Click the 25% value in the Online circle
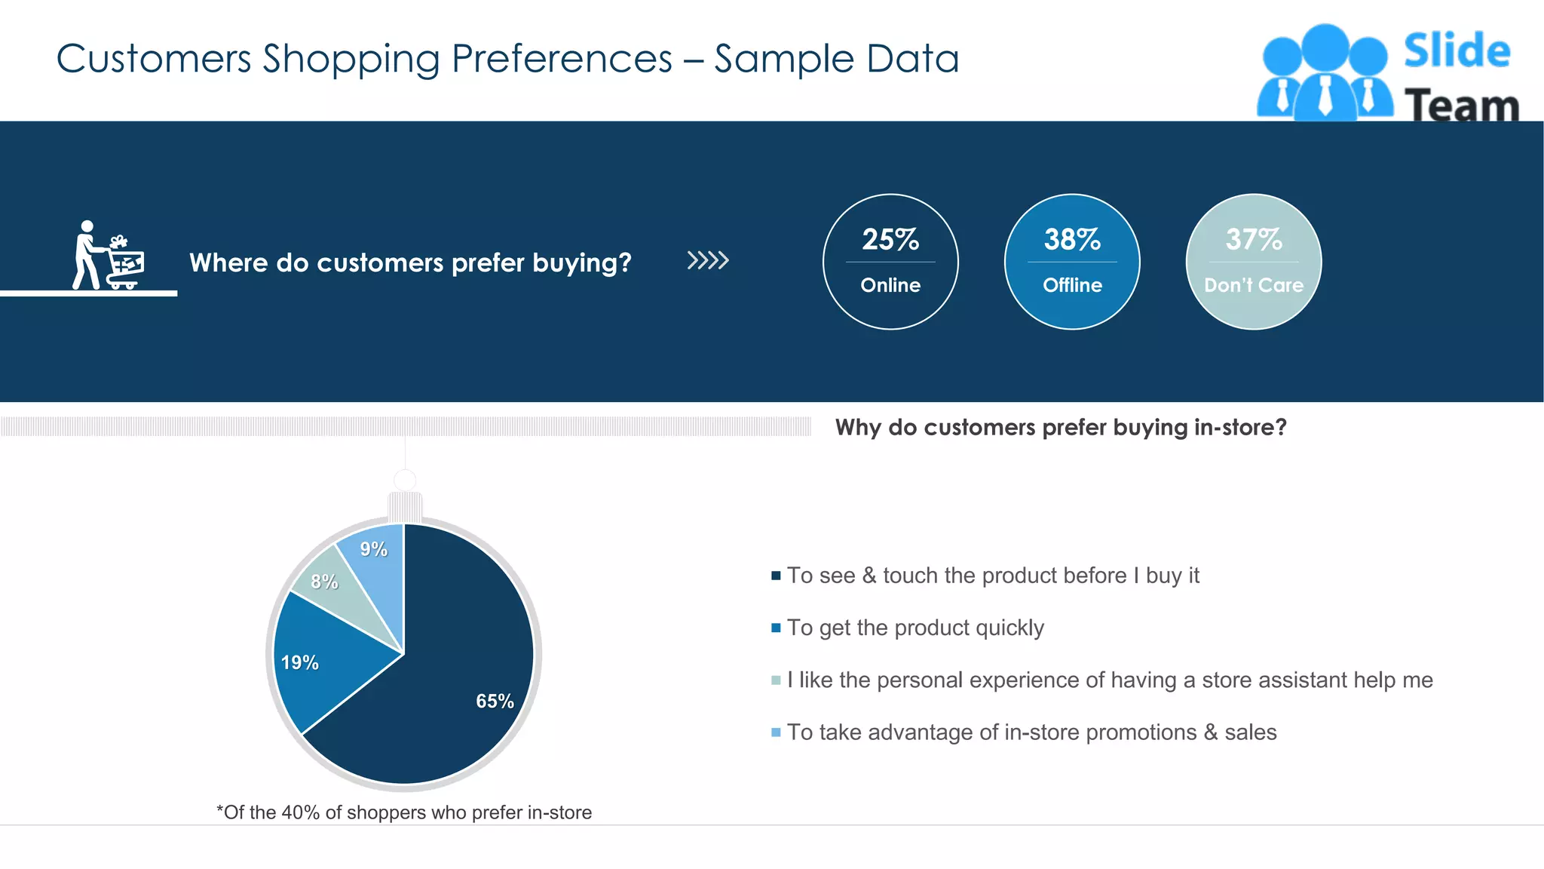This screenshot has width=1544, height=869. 890,240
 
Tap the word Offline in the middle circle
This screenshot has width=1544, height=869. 1072,285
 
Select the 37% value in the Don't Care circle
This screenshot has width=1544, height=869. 1254,240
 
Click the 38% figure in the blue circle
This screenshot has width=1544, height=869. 1072,240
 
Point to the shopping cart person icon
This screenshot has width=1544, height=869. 108,256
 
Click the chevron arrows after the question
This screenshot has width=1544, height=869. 708,261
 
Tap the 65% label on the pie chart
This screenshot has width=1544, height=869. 495,701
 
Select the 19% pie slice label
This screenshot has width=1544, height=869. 299,663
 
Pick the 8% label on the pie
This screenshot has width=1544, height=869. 324,582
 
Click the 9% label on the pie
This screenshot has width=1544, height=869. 373,549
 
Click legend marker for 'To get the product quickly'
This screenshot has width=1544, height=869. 776,628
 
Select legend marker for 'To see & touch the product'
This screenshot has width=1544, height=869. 776,576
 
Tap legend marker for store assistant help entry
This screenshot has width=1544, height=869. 776,680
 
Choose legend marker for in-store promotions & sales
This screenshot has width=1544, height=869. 776,732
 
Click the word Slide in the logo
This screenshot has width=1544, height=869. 1457,51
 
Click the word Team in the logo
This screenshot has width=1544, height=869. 1461,106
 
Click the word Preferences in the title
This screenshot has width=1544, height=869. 562,59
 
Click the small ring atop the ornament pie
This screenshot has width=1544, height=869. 405,480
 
